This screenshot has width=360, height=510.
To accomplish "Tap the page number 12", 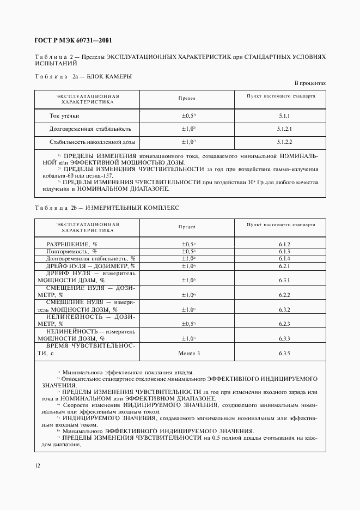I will click(x=37, y=465).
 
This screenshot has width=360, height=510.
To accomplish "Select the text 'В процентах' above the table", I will click(x=310, y=83).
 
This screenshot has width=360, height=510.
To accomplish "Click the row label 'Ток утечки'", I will click(x=64, y=116).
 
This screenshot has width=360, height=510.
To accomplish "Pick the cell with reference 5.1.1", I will click(x=284, y=116).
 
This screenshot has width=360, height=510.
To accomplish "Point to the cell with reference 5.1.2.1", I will click(x=284, y=129).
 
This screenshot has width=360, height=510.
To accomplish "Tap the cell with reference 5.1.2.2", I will click(x=284, y=142).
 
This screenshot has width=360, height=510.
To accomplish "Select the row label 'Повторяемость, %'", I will click(x=71, y=251).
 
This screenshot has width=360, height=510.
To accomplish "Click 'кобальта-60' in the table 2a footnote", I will click(x=57, y=176).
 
